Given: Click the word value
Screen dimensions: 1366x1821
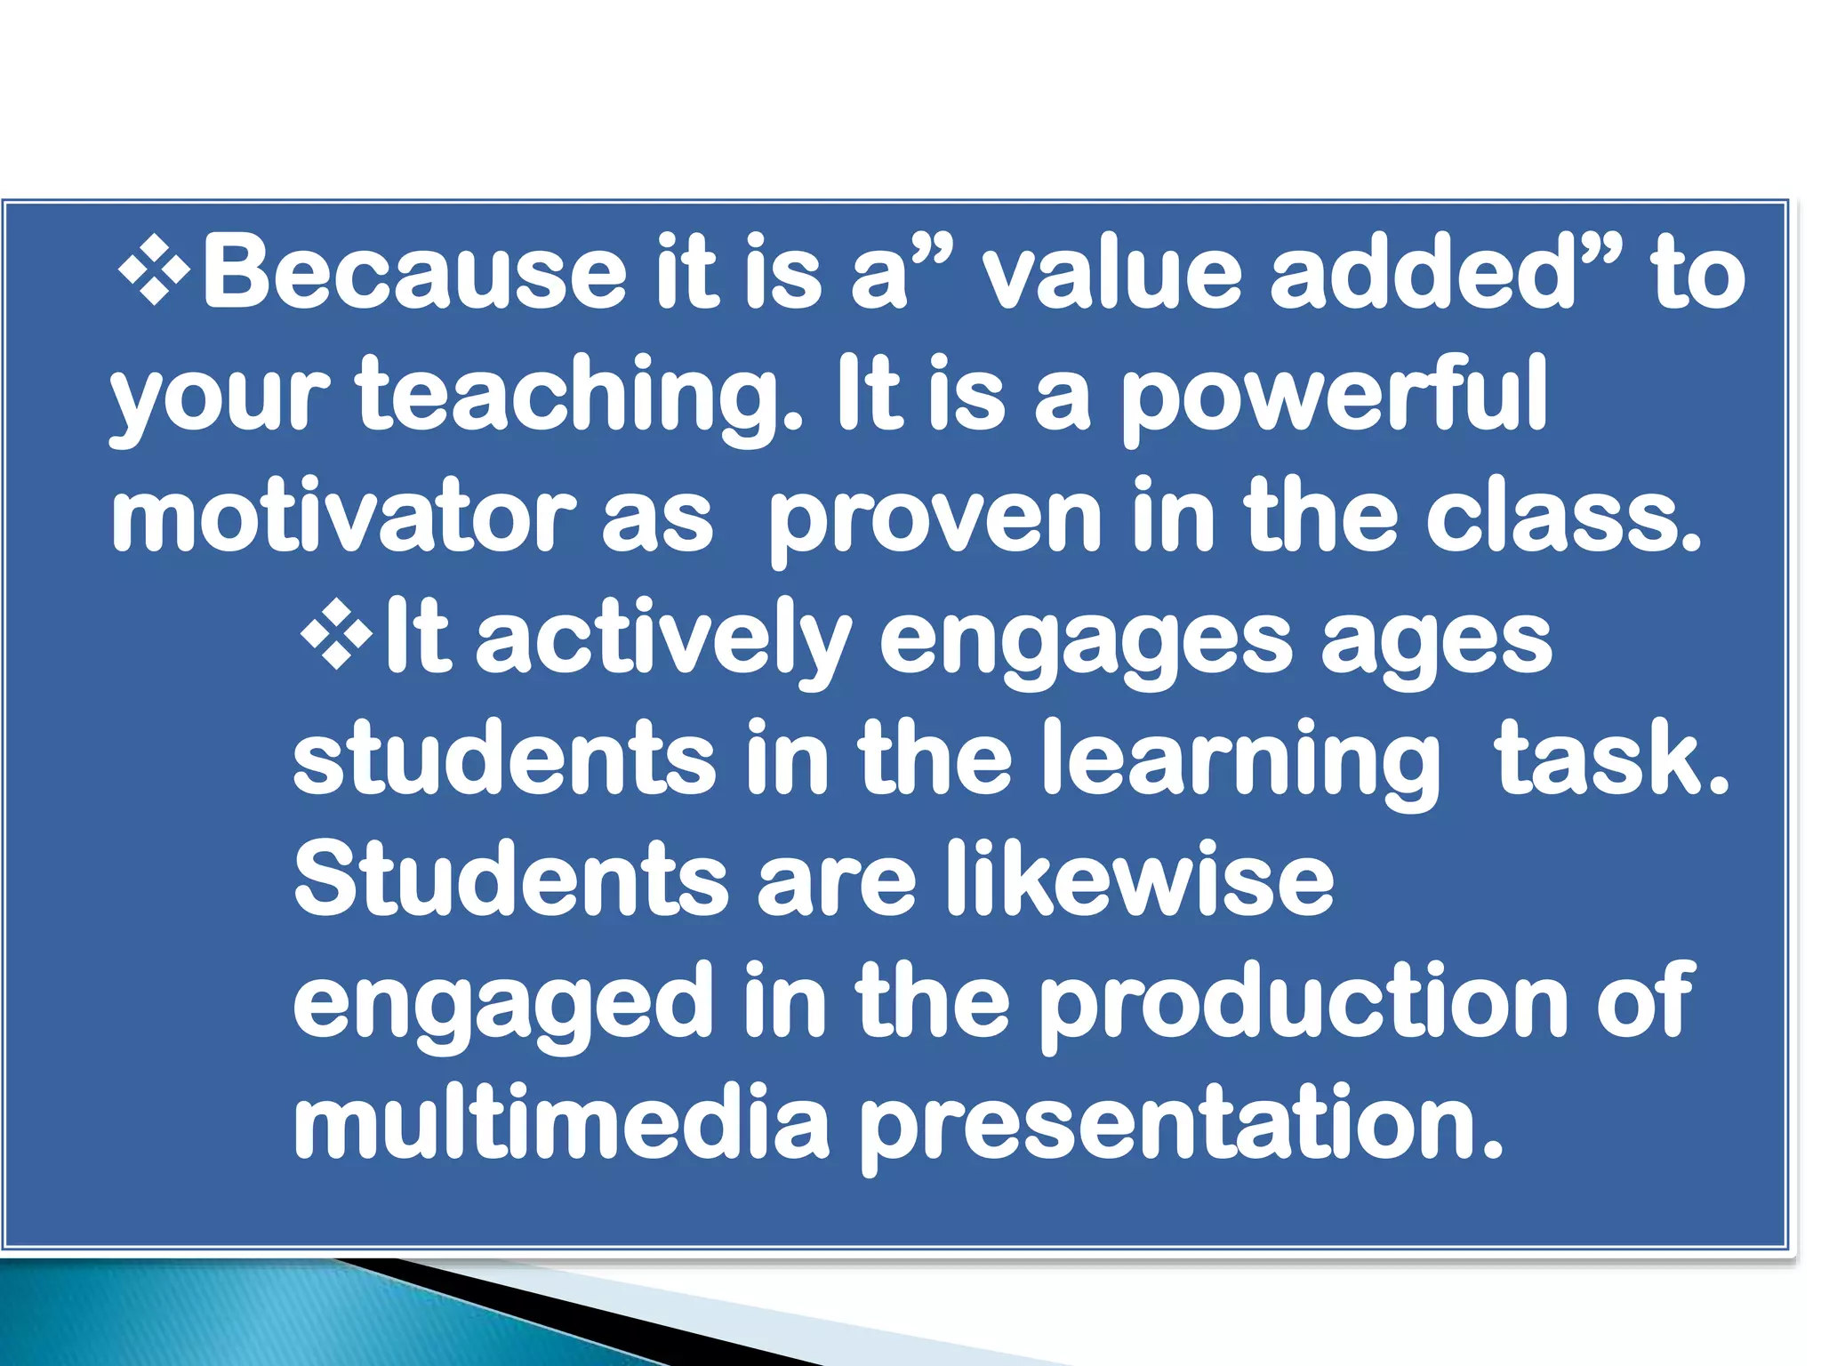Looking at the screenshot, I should (1111, 271).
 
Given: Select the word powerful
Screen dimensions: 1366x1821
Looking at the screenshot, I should (1334, 396).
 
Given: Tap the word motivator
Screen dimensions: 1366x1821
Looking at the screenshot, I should (343, 516).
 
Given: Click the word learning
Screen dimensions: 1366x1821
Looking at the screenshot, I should (1240, 760).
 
